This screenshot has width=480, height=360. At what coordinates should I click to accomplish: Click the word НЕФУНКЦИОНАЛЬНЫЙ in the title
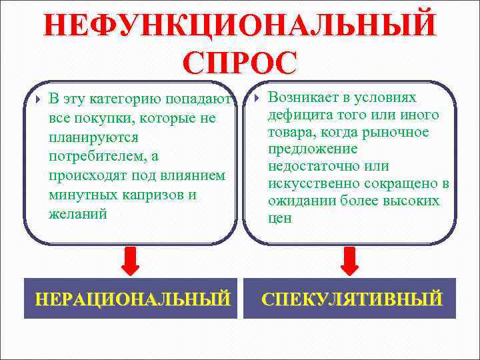coord(240,25)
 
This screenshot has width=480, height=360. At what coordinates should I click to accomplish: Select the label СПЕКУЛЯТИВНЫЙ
coord(351,297)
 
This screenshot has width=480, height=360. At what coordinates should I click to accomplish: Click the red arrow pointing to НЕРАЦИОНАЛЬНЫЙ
coord(132,261)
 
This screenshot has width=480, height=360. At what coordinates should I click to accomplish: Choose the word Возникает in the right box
coord(301,97)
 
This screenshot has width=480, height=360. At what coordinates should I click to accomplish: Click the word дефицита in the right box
coord(296,115)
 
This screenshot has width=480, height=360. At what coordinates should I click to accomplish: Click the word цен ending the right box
coord(279,218)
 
